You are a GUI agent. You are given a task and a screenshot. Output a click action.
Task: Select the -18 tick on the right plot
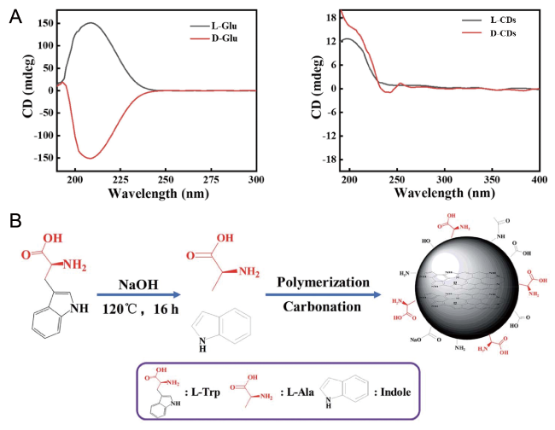tap(324, 160)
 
